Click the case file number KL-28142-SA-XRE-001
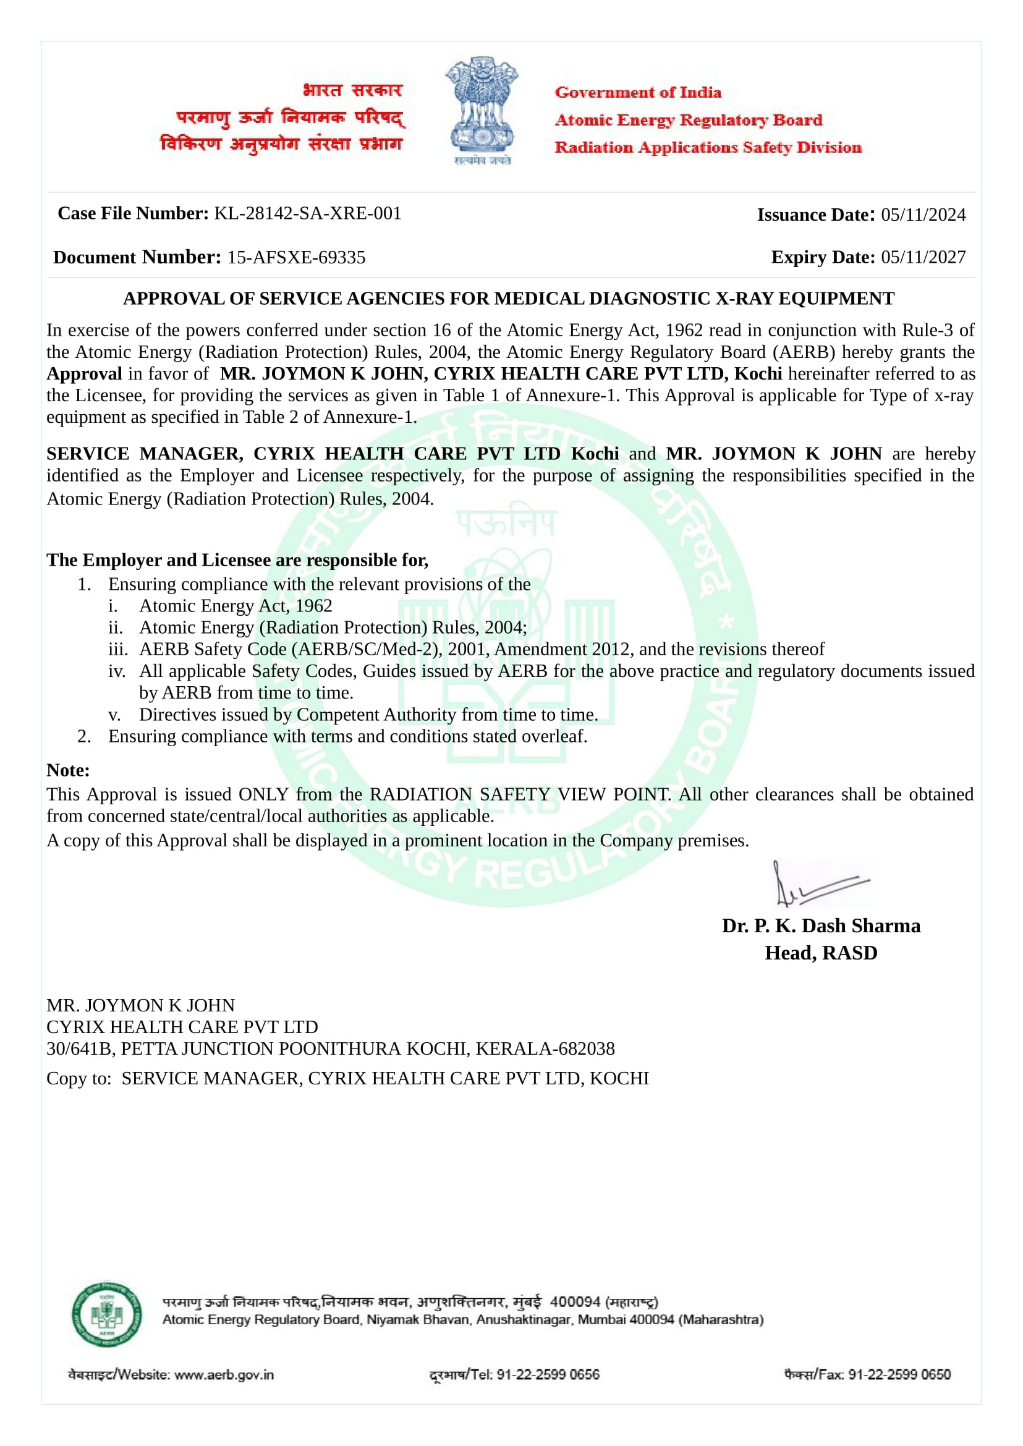tap(307, 213)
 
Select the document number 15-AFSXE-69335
tap(296, 258)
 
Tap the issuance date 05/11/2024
tap(923, 215)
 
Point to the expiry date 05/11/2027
tap(923, 257)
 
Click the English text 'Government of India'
tap(637, 93)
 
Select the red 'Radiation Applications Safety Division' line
tap(707, 147)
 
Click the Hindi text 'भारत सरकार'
tap(352, 90)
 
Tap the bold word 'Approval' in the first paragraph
tap(85, 373)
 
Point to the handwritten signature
tap(819, 883)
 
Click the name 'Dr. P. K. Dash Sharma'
tap(821, 925)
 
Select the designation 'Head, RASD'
tap(821, 953)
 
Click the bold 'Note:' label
tap(68, 770)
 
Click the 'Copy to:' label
tap(79, 1078)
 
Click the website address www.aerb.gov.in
tap(224, 1375)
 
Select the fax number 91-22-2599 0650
tap(899, 1375)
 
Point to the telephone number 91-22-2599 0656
tap(548, 1375)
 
